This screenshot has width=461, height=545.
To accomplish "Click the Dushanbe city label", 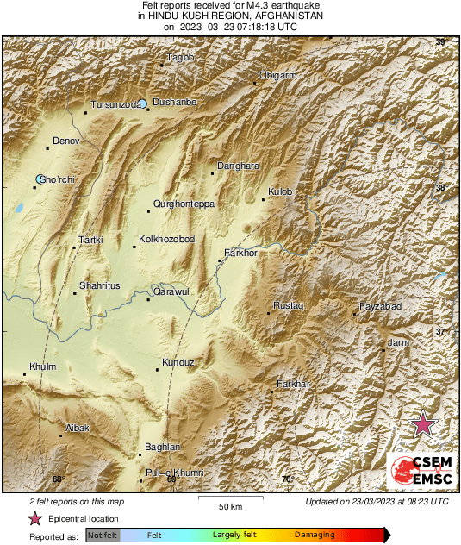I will (175, 102).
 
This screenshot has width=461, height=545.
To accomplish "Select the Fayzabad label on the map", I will (380, 306).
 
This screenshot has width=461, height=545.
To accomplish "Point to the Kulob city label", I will (281, 191).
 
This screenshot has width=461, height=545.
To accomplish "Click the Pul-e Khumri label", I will (174, 473).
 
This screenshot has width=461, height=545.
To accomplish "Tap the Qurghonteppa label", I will (183, 204).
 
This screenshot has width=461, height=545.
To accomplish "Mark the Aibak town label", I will (78, 428).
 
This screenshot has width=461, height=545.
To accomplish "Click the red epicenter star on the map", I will (423, 424).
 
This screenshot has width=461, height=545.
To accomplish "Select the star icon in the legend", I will (34, 518).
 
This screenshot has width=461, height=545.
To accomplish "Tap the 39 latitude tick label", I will (441, 42).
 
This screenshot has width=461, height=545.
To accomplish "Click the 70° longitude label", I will (287, 479).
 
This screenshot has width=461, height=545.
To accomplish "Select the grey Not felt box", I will (103, 536).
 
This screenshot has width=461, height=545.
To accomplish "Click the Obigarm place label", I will (279, 76).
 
